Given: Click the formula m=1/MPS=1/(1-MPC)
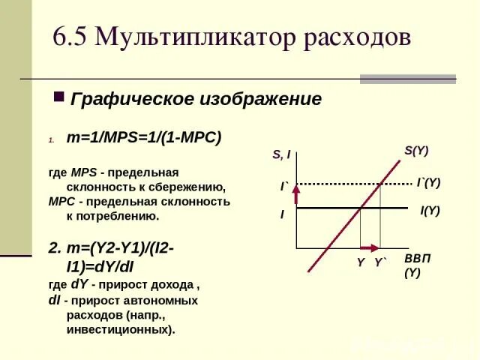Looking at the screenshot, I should [143, 139].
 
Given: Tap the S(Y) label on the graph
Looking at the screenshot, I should [416, 150].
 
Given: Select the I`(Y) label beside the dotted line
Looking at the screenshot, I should [428, 182].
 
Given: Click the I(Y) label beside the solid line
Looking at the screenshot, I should [430, 211].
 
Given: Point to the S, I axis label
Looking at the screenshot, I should [281, 155].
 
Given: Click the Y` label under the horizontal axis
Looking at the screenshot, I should [381, 262].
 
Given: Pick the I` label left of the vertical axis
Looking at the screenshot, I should [285, 184].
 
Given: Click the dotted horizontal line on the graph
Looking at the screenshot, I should [337, 183].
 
